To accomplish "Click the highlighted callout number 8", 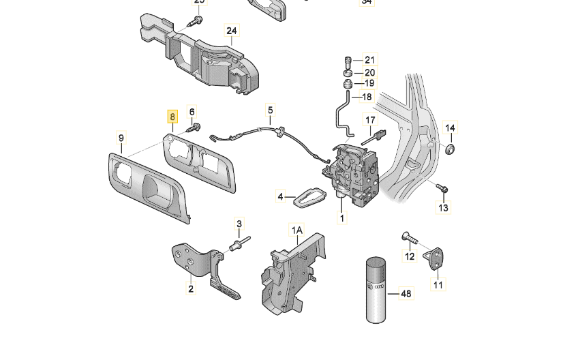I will point(173,117).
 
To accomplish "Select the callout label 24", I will point(232,31).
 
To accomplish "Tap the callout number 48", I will point(406,294).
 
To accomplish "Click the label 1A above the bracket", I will point(296,231).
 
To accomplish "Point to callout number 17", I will point(370,121).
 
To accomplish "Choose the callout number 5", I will point(270,110).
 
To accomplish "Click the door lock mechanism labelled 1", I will point(353,173).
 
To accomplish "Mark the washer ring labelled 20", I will point(348,72).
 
